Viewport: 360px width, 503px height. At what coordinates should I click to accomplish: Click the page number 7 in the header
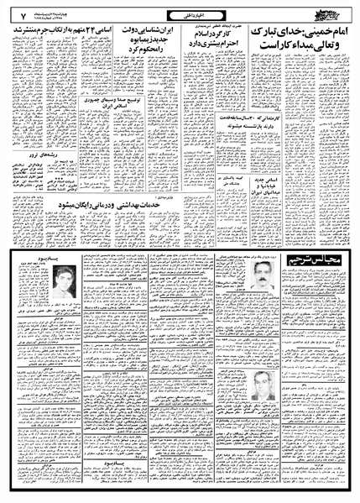(x=13, y=12)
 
